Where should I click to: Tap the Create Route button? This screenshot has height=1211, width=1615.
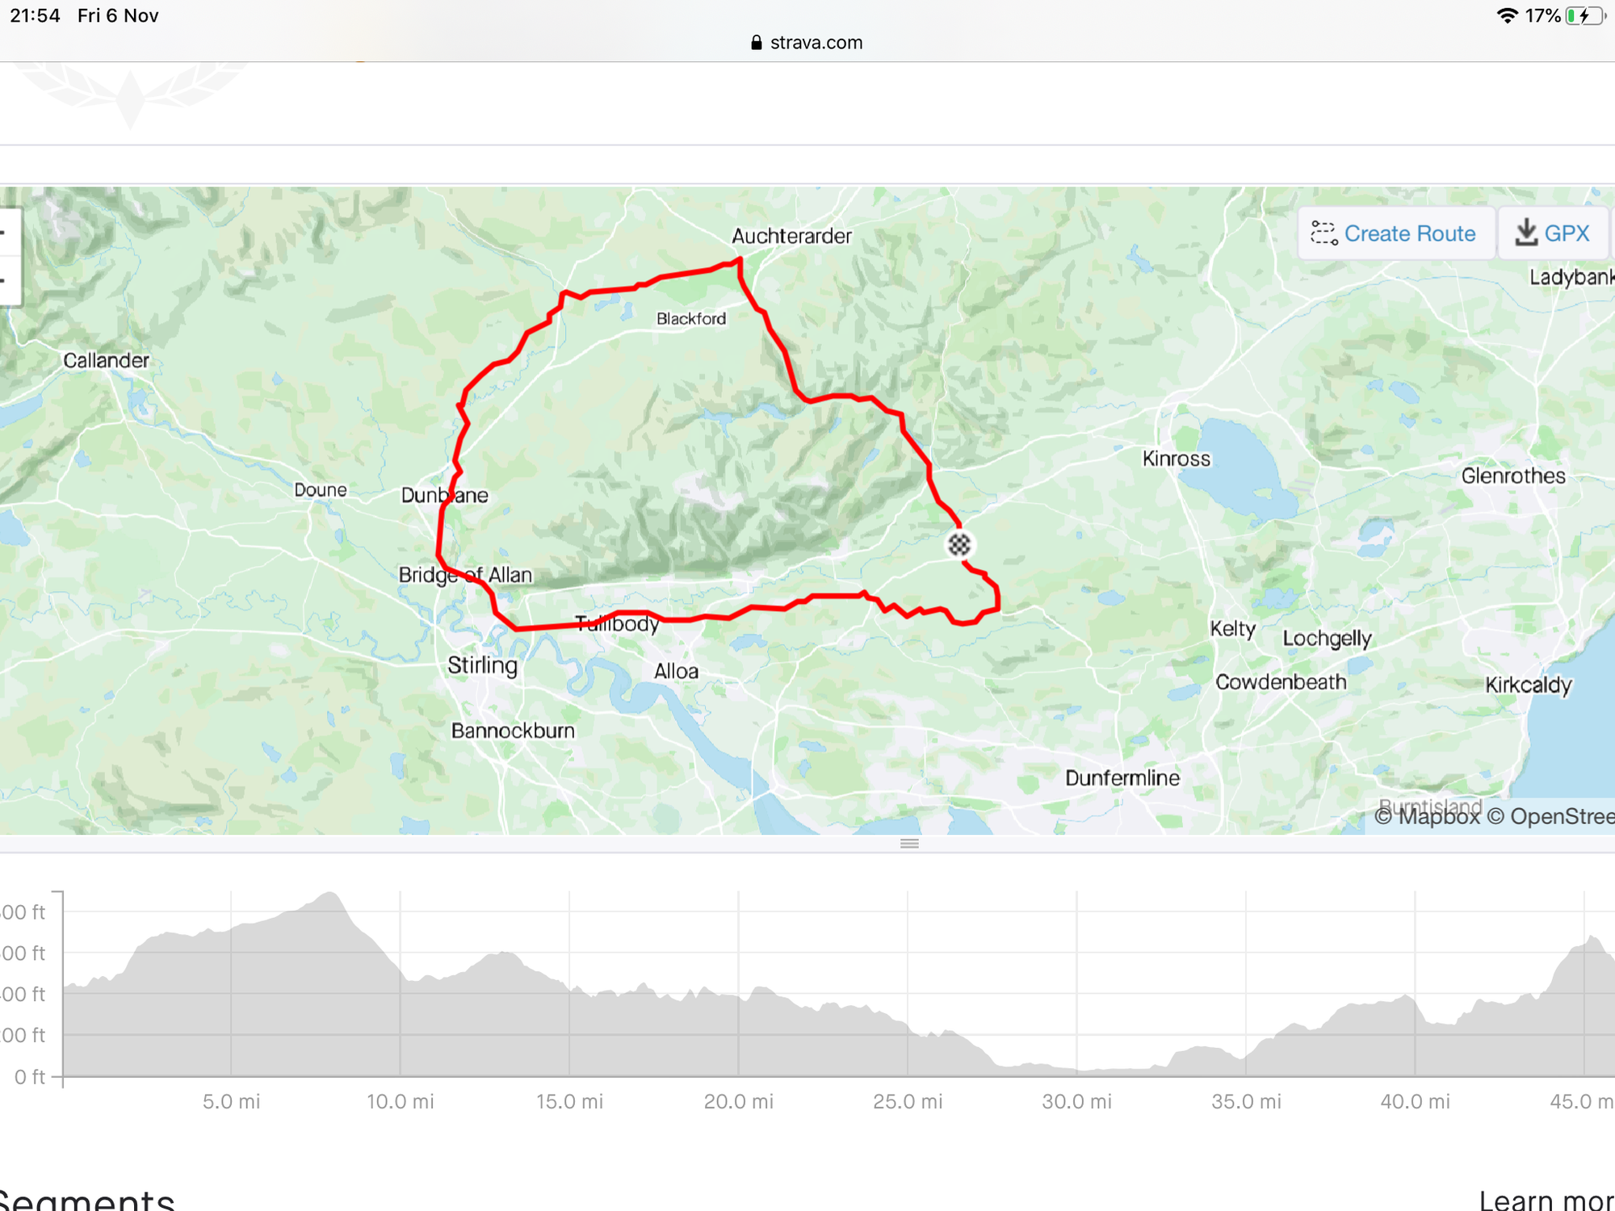[x=1395, y=233]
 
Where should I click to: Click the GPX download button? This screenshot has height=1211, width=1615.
[x=1553, y=233]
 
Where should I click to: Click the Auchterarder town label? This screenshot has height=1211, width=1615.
[x=791, y=236]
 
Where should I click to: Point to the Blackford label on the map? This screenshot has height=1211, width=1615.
[x=691, y=319]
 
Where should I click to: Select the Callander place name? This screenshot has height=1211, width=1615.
[x=106, y=360]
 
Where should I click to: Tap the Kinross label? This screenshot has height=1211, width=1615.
[x=1176, y=459]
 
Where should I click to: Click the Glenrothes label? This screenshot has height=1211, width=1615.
[x=1512, y=476]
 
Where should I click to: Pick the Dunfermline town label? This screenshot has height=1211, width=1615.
[x=1122, y=777]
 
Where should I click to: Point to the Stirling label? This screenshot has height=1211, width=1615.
[x=482, y=665]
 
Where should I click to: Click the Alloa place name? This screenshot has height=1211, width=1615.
[x=676, y=671]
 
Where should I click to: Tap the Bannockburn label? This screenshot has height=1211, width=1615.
[x=513, y=731]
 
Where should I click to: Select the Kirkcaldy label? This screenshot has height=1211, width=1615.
[x=1528, y=685]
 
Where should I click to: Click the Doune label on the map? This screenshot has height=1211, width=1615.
[x=321, y=490]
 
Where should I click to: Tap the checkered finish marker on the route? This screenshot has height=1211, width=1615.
[x=959, y=545]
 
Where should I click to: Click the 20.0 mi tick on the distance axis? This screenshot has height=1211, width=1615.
[x=738, y=1101]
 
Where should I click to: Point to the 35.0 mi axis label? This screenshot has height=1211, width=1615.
[x=1246, y=1101]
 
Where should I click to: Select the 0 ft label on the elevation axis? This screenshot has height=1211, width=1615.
[x=29, y=1077]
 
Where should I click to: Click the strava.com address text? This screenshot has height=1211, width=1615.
[x=816, y=43]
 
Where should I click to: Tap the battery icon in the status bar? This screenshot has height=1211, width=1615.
[x=1584, y=16]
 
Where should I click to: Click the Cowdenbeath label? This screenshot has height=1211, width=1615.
[x=1281, y=682]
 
